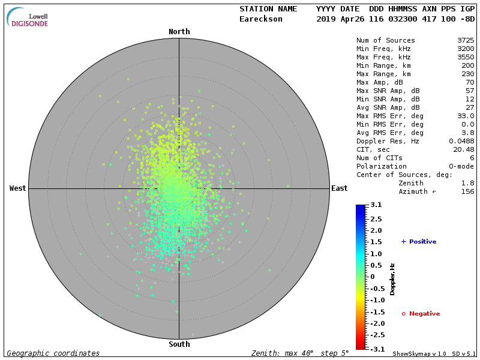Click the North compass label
click(179, 32)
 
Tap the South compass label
click(179, 344)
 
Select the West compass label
click(18, 188)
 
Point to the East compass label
click(340, 188)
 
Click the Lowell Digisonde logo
click(28, 17)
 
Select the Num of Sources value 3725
click(466, 41)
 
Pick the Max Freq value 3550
click(466, 58)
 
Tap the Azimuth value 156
click(468, 192)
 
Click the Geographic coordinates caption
click(53, 354)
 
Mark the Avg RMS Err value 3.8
click(468, 133)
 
